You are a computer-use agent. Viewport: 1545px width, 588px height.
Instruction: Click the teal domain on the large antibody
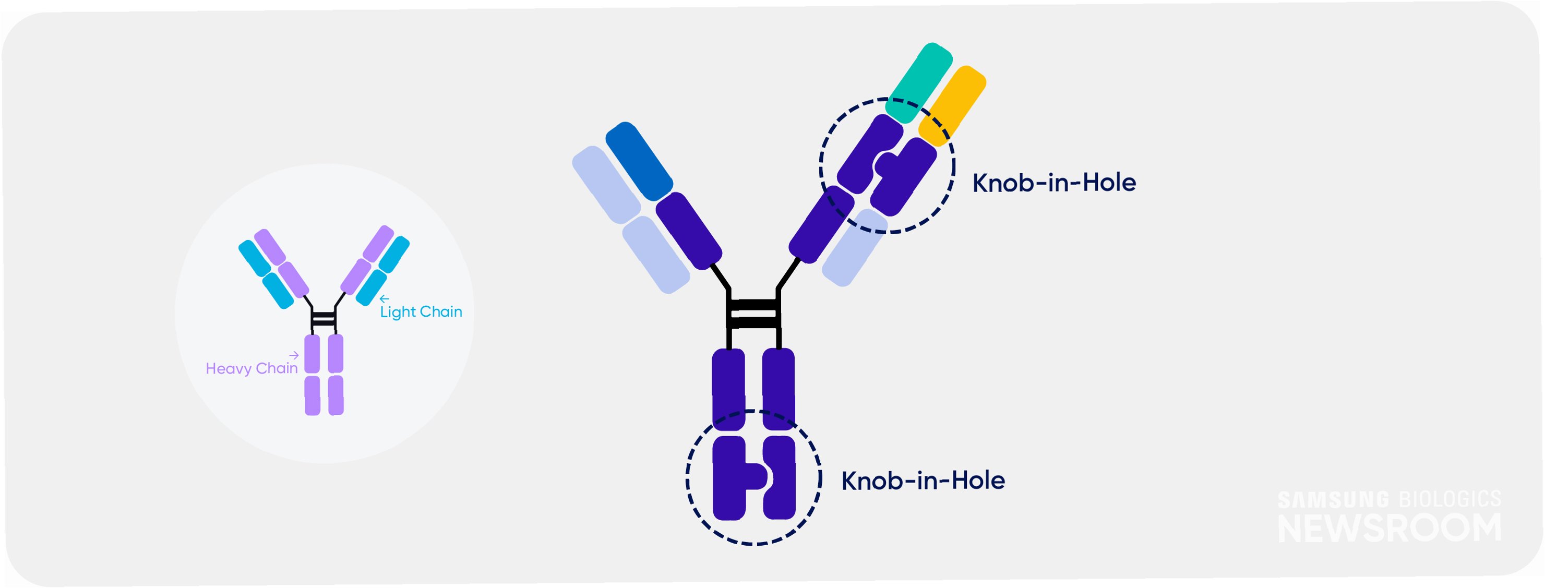[x=919, y=83]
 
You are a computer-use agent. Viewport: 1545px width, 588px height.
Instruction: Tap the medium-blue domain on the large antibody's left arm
[x=639, y=161]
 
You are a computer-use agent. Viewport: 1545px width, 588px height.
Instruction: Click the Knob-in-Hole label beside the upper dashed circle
[x=1054, y=183]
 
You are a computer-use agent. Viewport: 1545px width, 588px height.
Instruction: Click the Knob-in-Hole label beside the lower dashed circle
[x=923, y=481]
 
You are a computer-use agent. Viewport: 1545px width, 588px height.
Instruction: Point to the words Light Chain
[x=421, y=311]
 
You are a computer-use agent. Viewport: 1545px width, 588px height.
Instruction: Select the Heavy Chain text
[x=251, y=368]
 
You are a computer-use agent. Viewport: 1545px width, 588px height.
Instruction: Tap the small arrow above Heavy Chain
[x=293, y=355]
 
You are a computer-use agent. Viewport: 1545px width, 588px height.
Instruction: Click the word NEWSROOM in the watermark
[x=1389, y=527]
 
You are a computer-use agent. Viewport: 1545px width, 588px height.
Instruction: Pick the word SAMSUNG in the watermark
[x=1333, y=499]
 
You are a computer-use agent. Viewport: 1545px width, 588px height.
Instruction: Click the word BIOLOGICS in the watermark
[x=1450, y=499]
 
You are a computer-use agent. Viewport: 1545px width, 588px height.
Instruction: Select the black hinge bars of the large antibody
[x=753, y=313]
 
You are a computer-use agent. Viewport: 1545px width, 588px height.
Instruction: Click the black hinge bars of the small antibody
[x=324, y=318]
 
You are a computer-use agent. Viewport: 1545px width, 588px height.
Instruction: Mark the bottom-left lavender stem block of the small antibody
[x=313, y=395]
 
